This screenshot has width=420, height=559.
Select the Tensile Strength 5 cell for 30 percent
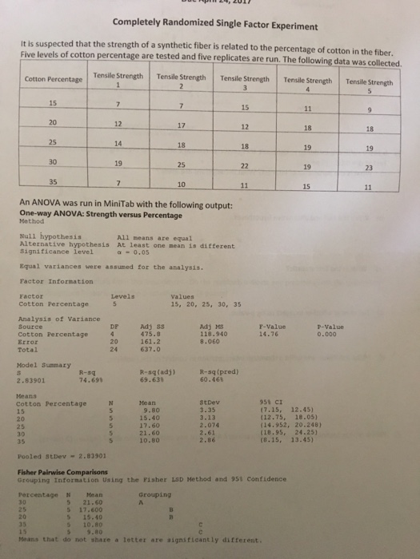pos(370,168)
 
